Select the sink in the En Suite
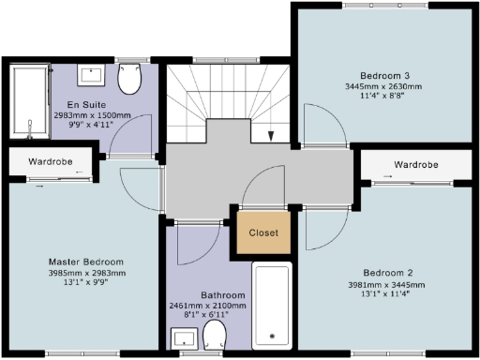point(91,73)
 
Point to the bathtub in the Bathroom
point(273,306)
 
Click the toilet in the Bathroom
point(216,337)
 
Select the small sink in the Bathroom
point(182,338)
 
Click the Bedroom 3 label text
point(385,75)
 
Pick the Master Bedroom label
point(86,261)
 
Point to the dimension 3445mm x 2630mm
point(385,86)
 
